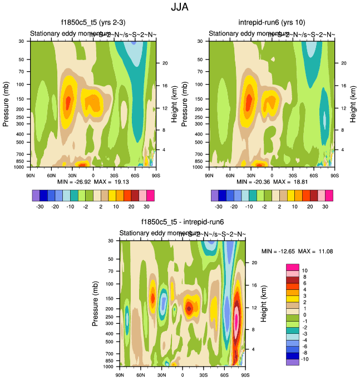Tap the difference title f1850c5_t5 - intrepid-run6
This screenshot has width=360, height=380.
pos(183,221)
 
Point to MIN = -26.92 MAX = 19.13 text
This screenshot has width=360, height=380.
pos(93,182)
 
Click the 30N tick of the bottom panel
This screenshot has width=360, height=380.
pos(161,376)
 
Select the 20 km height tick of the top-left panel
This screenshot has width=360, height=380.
pos(165,63)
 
